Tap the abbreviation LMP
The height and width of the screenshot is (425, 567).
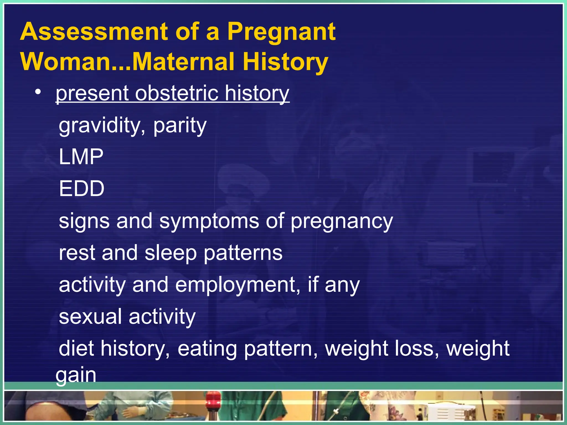[81, 157]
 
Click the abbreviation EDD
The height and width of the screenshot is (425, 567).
[82, 189]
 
